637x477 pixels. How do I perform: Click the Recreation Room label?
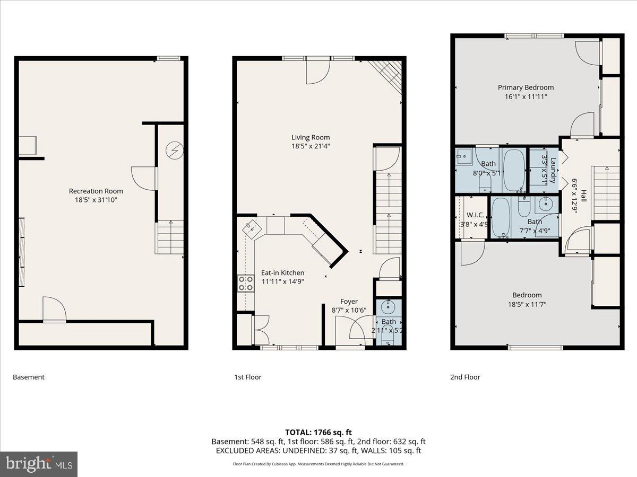pos(96,191)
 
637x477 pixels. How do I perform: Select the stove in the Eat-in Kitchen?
pos(245,282)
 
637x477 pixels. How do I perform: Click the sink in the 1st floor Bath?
pos(389,306)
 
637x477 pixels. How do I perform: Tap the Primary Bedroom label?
pos(526,87)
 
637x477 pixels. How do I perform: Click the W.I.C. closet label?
pos(474,215)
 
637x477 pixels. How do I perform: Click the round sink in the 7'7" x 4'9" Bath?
pos(546,204)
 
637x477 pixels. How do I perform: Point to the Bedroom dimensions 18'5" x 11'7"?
pos(527,304)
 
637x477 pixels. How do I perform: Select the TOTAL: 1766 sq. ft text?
pos(318,432)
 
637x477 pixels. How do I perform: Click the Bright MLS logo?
pos(39,464)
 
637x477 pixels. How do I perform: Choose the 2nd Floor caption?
pos(464,377)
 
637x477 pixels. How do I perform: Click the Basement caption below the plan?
pos(29,377)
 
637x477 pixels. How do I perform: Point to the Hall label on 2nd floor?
pos(583,196)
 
